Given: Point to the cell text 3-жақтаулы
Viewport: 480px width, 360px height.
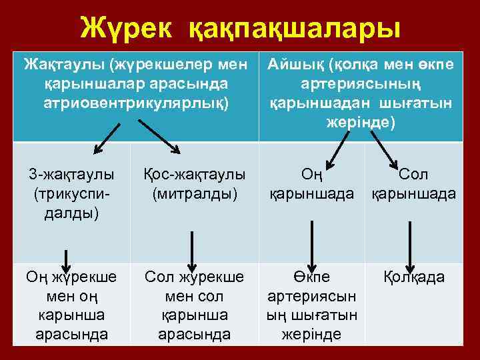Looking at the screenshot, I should click(x=71, y=175).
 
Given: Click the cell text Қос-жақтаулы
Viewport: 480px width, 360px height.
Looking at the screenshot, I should click(x=195, y=175).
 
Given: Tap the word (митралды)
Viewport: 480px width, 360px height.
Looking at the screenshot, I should click(x=195, y=195).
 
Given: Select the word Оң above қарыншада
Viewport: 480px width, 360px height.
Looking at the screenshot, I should click(x=311, y=175).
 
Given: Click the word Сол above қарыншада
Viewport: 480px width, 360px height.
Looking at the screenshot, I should click(x=413, y=175).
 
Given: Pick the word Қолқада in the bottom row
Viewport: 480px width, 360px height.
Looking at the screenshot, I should click(x=414, y=277).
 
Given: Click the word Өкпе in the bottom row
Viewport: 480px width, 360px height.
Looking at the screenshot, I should click(x=311, y=277).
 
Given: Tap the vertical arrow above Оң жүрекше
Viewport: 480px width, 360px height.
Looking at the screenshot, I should click(x=66, y=257).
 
